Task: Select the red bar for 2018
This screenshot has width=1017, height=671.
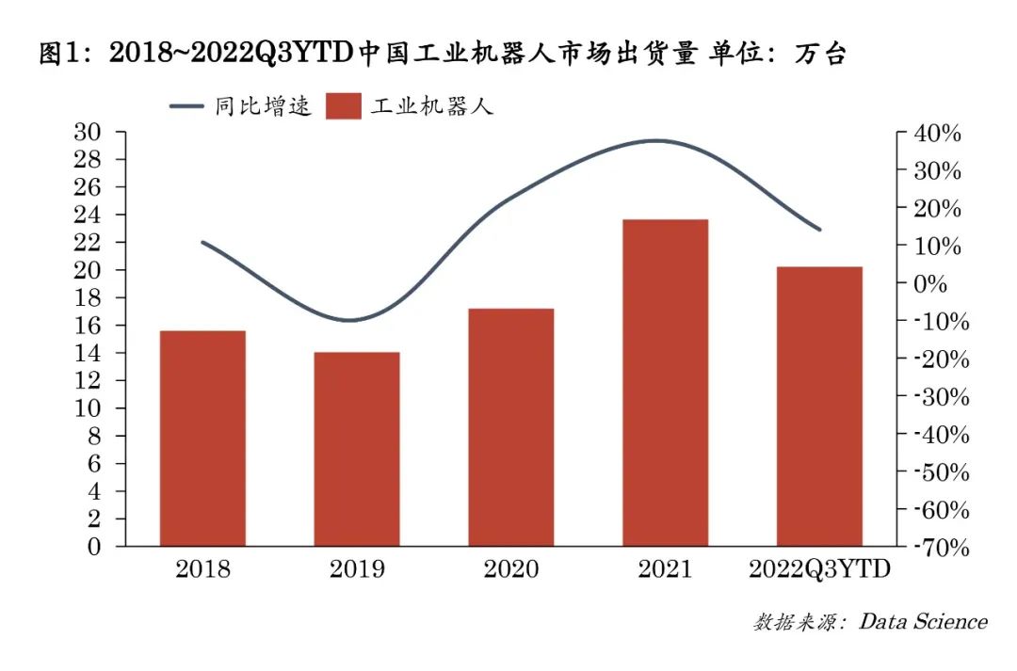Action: [202, 439]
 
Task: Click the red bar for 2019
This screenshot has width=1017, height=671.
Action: [357, 449]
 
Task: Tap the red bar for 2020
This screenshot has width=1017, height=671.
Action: [511, 427]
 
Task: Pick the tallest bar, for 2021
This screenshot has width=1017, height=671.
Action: [666, 383]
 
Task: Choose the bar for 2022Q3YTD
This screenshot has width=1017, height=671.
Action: [819, 407]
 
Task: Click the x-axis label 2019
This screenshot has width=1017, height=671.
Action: [357, 570]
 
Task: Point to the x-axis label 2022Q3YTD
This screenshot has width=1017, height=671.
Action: [819, 570]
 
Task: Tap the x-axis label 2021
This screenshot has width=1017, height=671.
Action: [665, 570]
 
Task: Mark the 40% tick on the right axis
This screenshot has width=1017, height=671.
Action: [937, 134]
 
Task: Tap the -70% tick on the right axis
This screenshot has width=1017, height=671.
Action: [934, 547]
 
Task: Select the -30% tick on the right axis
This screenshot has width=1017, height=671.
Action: [934, 396]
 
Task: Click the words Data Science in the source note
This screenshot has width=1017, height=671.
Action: [922, 622]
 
